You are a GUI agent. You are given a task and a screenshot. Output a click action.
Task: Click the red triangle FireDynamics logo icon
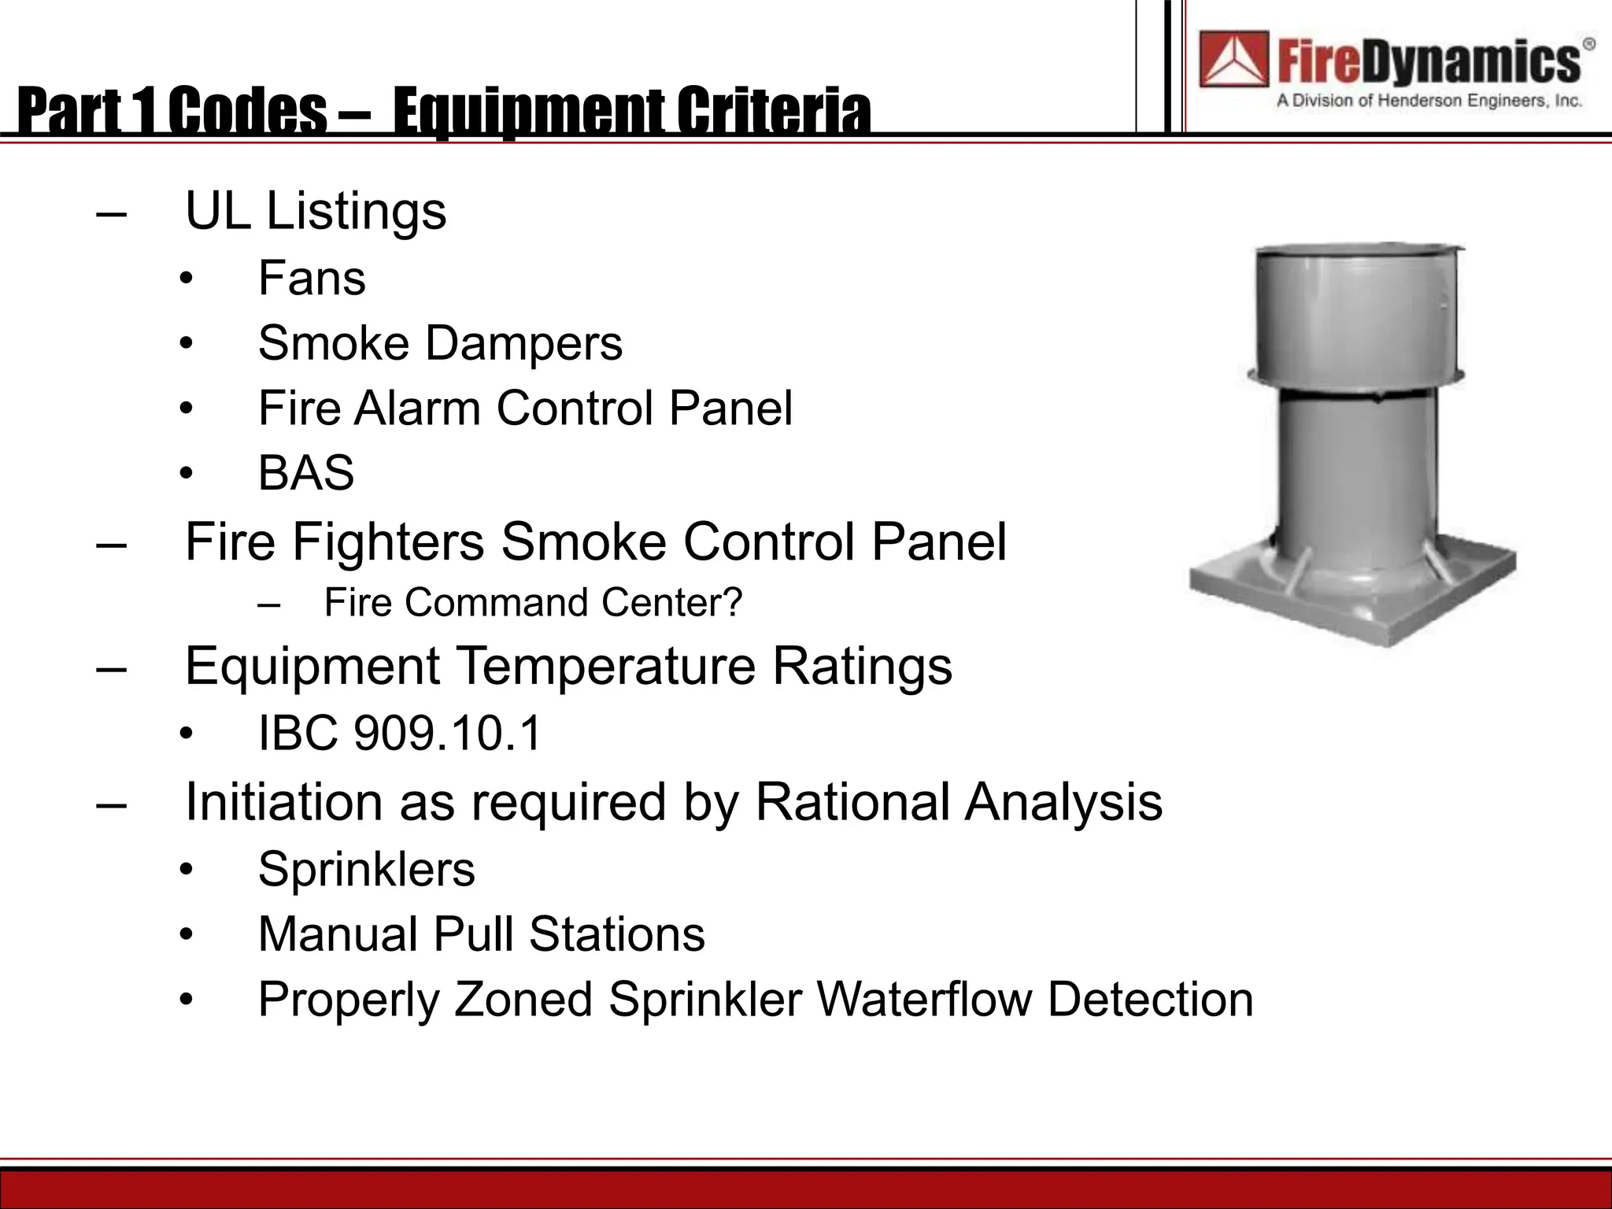point(1233,59)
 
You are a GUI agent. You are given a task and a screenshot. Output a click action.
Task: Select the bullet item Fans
point(312,279)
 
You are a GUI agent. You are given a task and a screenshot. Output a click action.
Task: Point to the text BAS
point(306,473)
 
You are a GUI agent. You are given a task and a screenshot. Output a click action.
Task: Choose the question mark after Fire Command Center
point(733,603)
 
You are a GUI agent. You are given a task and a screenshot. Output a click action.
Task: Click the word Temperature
point(606,667)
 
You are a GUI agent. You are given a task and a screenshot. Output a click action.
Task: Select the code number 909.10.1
point(448,734)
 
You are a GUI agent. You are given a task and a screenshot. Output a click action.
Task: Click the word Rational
point(852,802)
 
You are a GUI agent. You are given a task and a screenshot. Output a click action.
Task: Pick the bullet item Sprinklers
point(367,870)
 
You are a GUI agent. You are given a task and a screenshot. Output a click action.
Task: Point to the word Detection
point(1150,1000)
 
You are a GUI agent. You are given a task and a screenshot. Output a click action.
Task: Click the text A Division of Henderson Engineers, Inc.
point(1429,101)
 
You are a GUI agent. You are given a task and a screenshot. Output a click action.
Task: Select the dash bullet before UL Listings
point(111,213)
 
